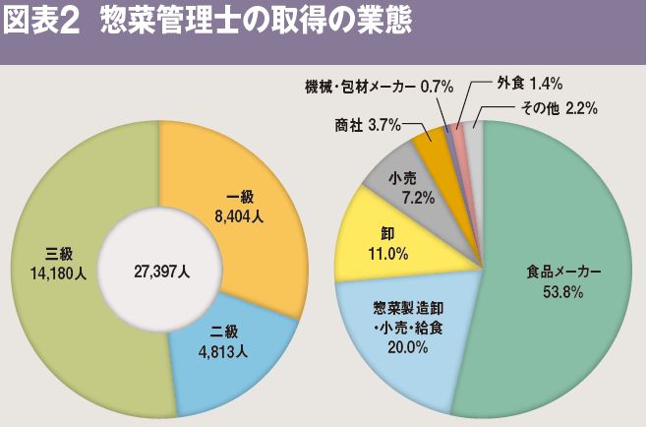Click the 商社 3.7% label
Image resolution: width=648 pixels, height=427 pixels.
pos(368,124)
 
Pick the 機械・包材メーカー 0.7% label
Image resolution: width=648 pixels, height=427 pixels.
pos(379,87)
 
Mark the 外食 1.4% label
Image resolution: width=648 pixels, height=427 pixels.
pos(529,83)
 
